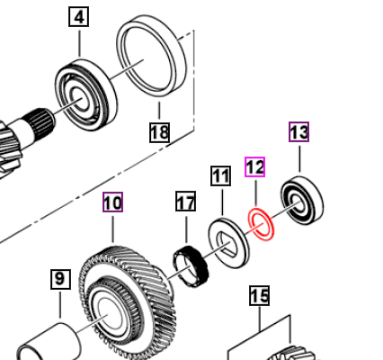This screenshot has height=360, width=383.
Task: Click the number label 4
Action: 79,18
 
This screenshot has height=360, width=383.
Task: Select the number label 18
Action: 159,132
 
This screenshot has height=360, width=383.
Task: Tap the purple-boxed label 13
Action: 298,132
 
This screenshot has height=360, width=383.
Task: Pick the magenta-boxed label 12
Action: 255,167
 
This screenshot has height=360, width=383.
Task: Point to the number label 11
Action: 220,175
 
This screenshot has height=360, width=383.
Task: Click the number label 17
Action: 185,202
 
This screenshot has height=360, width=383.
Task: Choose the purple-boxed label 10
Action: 112,203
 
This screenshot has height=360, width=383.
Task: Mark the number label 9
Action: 59,280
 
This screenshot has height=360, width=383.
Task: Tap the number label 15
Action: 259,294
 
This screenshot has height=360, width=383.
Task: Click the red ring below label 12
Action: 261,226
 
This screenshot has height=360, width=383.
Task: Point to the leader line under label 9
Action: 59,310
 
